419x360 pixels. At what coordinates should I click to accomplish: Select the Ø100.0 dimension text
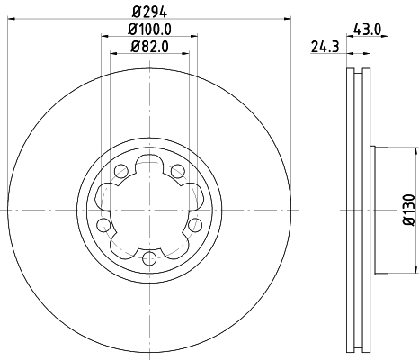click(150, 31)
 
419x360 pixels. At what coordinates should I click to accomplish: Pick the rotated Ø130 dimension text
click(406, 209)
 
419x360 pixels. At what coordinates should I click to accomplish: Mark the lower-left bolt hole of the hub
click(103, 224)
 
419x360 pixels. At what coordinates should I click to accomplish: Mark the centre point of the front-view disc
click(150, 210)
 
